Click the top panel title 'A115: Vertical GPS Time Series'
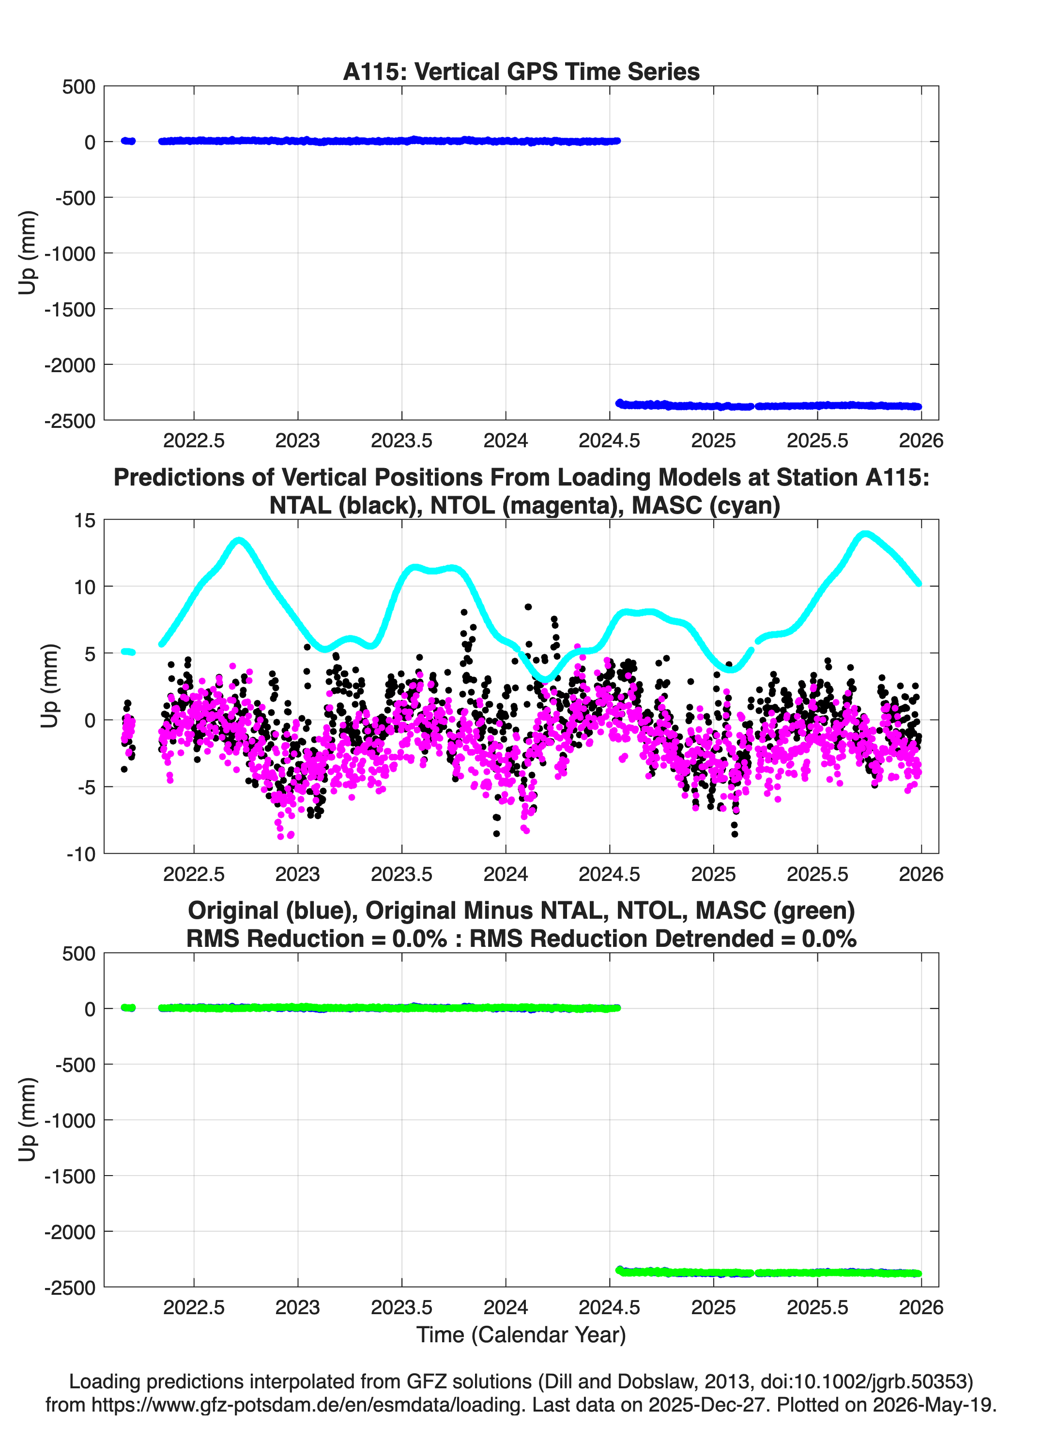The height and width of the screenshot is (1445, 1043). [521, 71]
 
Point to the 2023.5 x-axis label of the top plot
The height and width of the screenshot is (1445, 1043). [402, 440]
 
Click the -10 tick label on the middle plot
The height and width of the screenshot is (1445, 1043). [81, 854]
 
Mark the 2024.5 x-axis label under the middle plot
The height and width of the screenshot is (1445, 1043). [609, 874]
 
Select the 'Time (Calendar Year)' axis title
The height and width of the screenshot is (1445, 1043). [521, 1335]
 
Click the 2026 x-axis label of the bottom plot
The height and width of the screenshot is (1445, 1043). [921, 1307]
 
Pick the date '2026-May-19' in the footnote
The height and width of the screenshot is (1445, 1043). [934, 1405]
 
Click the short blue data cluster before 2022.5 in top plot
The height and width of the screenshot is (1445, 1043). [128, 141]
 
